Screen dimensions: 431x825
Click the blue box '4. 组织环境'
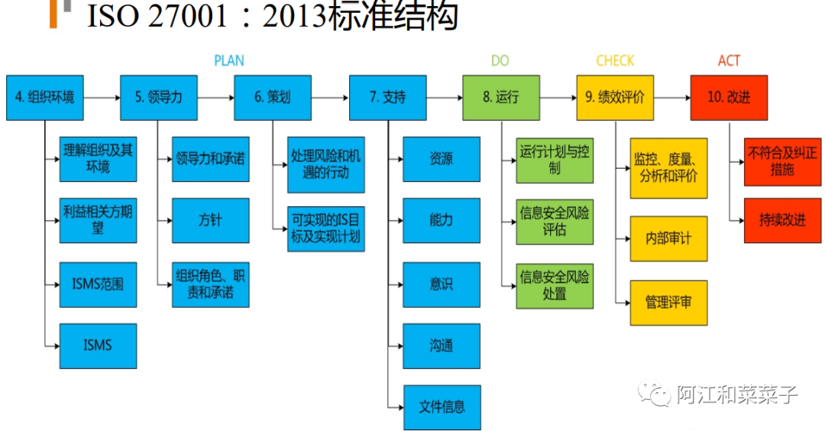coord(44,97)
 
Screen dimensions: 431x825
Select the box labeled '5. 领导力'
coord(158,97)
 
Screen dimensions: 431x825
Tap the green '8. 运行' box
coord(500,97)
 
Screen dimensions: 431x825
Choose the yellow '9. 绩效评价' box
coord(615,97)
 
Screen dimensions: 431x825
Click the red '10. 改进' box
coord(729,97)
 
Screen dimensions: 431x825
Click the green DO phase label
coord(500,60)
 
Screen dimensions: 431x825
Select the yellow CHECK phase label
coord(615,60)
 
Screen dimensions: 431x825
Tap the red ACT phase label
coord(729,60)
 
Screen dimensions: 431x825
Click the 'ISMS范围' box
coord(98,284)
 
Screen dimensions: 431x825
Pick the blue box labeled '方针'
coord(210,221)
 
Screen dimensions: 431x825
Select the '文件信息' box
coord(442,407)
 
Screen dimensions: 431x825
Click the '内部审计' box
coord(668,238)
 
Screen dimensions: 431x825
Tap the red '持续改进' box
coord(782,220)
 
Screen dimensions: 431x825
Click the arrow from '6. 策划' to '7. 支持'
coord(329,98)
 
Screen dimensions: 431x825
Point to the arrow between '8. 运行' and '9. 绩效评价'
coord(557,98)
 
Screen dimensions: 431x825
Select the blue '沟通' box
coord(442,345)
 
